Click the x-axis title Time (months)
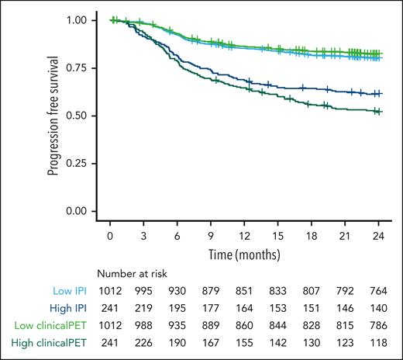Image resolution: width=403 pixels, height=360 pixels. pyautogui.click(x=244, y=254)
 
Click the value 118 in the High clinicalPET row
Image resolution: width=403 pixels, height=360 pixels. pyautogui.click(x=377, y=340)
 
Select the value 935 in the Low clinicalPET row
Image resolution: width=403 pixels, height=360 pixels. pyautogui.click(x=177, y=324)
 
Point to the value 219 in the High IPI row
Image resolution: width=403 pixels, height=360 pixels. pyautogui.click(x=144, y=307)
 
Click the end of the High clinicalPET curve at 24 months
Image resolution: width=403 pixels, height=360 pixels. pyautogui.click(x=377, y=112)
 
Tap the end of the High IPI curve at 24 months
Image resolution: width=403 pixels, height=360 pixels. pyautogui.click(x=377, y=93)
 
